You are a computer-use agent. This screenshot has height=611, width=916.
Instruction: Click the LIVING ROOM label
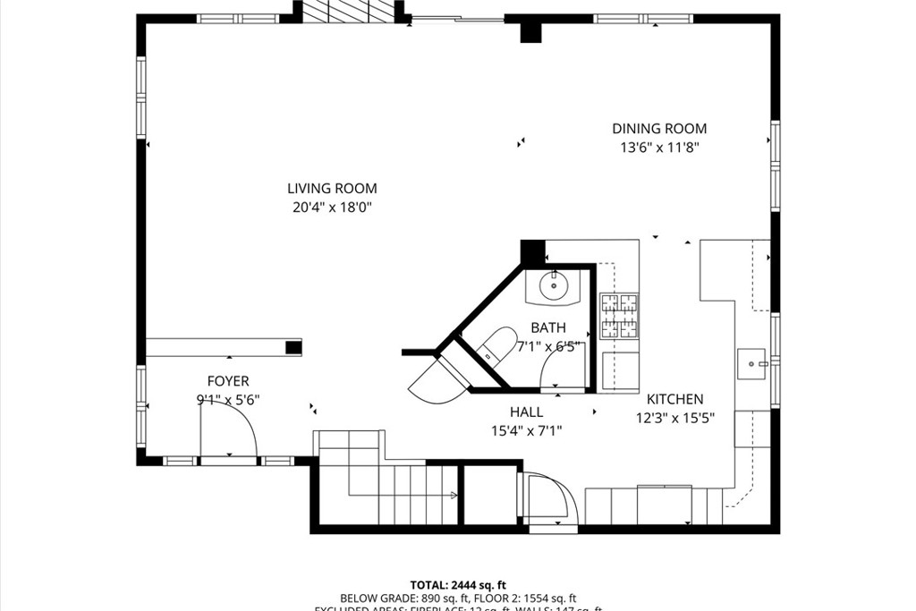tap(332, 189)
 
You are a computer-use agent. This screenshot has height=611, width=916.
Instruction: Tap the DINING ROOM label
tap(659, 129)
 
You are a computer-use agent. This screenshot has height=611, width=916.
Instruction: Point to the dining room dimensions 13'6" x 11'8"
tap(659, 149)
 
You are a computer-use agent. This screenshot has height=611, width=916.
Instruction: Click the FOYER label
tap(228, 381)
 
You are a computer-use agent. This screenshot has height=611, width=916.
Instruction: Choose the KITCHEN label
tap(675, 399)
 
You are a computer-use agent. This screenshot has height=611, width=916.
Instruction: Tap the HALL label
tap(526, 412)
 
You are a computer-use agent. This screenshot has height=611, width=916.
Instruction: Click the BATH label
tap(548, 327)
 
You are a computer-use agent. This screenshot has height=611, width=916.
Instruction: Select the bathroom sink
tap(553, 287)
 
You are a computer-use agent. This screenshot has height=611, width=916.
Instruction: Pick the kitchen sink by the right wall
tap(753, 364)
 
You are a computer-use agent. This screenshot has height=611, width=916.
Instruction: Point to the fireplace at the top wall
tap(347, 11)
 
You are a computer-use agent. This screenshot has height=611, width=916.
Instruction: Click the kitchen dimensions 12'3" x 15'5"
tap(675, 418)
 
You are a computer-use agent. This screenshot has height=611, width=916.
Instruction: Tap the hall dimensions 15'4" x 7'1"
tap(526, 430)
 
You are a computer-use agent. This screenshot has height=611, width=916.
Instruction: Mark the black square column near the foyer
tap(293, 347)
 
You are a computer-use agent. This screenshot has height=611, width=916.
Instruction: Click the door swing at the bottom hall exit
tap(549, 498)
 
